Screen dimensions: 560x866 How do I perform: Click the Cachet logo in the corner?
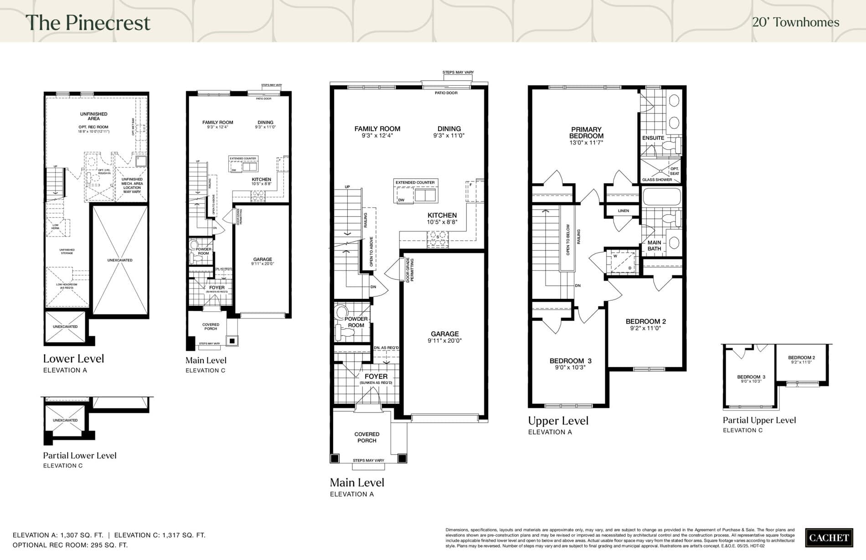[x=829, y=538]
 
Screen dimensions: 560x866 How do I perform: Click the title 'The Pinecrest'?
[x=88, y=23]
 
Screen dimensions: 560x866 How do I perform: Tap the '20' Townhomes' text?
[x=795, y=22]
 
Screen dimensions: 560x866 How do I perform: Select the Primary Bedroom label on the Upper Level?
[x=586, y=133]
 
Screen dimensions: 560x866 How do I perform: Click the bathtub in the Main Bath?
[x=661, y=197]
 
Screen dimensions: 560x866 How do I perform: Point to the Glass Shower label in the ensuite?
[x=657, y=180]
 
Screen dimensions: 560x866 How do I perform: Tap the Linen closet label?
[x=623, y=211]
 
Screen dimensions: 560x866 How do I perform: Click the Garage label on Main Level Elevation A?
[x=445, y=334]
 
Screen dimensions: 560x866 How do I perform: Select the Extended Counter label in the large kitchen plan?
[x=415, y=182]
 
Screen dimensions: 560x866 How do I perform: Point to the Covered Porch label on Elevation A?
[x=367, y=437]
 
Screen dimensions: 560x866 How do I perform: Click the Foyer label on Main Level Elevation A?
[x=376, y=376]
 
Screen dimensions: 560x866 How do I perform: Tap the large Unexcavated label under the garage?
[x=120, y=260]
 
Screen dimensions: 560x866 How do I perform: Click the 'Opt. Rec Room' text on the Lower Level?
[x=93, y=127]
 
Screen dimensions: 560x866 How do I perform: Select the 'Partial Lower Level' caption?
[x=80, y=455]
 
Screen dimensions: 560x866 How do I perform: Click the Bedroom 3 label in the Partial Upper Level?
[x=751, y=377]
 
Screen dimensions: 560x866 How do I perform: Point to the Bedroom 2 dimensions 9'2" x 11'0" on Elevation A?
[x=645, y=328]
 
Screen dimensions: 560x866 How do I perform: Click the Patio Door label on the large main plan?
[x=446, y=93]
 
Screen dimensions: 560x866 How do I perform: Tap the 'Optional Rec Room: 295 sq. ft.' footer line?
[x=70, y=545]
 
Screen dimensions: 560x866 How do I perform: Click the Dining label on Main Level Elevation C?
[x=265, y=122]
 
